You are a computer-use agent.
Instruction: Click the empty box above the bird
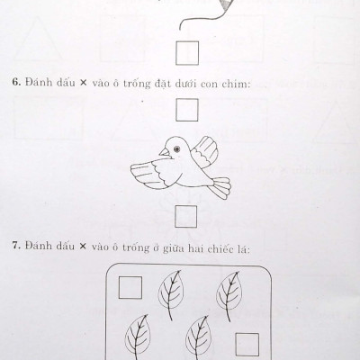[187, 110]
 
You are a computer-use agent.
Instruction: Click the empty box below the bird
[186, 216]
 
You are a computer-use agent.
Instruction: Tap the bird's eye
[176, 148]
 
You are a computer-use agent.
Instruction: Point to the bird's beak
[164, 152]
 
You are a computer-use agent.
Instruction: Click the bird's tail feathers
[220, 187]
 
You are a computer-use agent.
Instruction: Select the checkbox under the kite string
[187, 53]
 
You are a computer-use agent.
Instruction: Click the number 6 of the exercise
[16, 82]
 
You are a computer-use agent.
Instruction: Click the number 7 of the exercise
[16, 246]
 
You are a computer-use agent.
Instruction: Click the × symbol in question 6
[83, 83]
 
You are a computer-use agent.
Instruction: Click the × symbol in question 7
[83, 247]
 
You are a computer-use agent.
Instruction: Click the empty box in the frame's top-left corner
[130, 288]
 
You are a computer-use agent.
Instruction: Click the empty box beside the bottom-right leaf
[247, 345]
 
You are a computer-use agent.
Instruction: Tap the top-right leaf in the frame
[229, 295]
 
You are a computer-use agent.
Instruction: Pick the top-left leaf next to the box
[171, 295]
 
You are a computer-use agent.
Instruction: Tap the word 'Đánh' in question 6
[36, 82]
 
